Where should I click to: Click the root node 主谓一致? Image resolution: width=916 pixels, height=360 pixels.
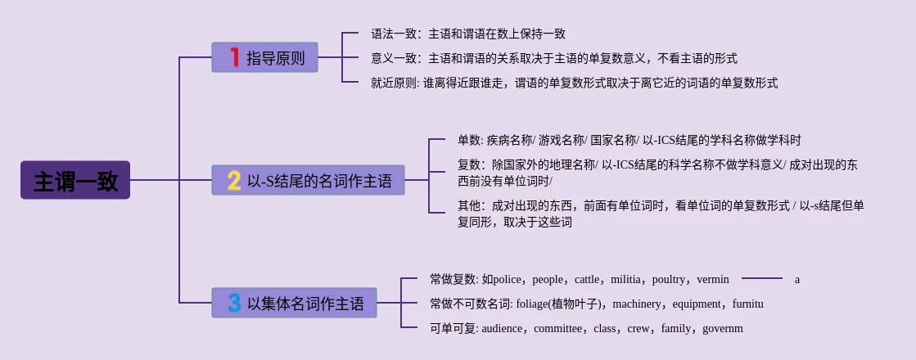pos(75,180)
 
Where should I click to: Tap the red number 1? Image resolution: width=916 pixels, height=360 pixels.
pos(234,58)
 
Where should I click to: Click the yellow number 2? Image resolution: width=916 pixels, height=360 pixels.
pos(234,180)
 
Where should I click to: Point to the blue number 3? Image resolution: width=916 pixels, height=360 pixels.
pos(234,304)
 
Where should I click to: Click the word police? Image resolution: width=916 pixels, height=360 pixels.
pos(513,280)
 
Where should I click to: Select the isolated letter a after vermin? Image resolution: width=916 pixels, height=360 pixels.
pos(796,280)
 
